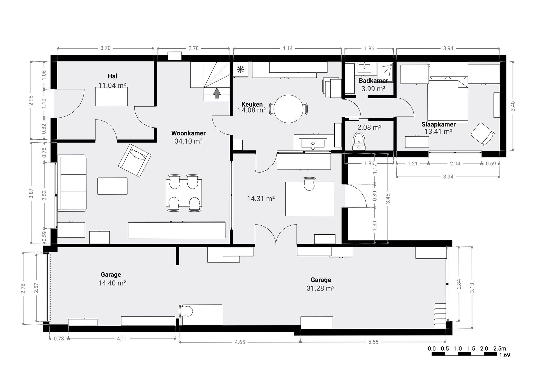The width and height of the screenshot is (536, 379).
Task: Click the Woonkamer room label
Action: [x=188, y=133]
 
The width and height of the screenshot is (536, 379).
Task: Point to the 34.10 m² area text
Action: [x=188, y=141]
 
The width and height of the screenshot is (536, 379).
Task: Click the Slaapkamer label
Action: [x=438, y=125]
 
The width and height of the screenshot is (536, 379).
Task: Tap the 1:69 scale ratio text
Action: [x=504, y=355]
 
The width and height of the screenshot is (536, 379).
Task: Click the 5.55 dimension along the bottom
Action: [x=373, y=342]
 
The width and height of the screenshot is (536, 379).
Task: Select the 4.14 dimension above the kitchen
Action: [x=287, y=48]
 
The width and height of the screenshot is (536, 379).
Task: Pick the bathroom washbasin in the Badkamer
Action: [x=365, y=67]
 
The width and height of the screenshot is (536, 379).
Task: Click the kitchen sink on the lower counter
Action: [x=313, y=144]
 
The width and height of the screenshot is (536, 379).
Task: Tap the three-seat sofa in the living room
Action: [x=72, y=183]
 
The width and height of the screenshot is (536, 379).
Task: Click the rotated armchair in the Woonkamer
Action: [x=135, y=160]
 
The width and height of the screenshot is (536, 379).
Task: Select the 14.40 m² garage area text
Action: [x=112, y=283]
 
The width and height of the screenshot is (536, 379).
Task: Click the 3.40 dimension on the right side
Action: [x=513, y=106]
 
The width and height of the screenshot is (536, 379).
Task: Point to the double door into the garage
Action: [x=276, y=236]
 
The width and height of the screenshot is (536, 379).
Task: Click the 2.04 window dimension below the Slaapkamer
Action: [x=455, y=164]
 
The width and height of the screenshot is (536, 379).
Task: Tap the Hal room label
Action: [x=112, y=76]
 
